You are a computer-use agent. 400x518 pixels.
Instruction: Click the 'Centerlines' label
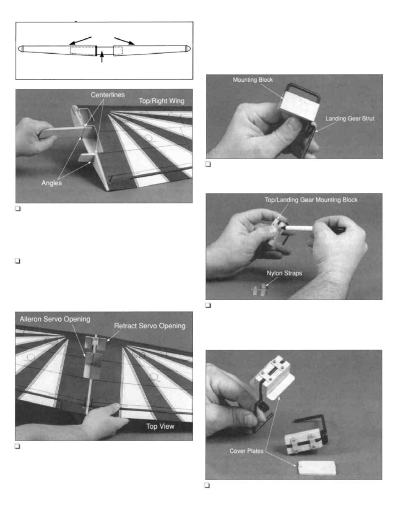tap(108, 95)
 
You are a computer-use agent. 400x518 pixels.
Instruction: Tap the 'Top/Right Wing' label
tap(161, 101)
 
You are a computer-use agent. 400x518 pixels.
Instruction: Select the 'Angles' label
tap(52, 183)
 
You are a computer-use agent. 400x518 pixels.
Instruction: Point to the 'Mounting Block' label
tap(253, 80)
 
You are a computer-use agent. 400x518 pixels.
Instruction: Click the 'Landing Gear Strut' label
tap(350, 118)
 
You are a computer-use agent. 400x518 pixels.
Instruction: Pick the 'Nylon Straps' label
tap(284, 273)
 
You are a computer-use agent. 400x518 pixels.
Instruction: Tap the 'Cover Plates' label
tap(247, 451)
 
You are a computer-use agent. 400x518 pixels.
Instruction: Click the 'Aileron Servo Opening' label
tap(55, 319)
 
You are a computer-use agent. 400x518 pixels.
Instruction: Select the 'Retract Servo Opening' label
tap(150, 326)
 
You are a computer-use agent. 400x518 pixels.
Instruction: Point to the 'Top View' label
tap(160, 426)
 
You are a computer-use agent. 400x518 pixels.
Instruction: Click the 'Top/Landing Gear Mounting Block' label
tap(311, 200)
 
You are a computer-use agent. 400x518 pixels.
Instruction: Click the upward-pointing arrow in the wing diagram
tap(102, 57)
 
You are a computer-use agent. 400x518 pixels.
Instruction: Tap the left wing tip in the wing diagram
tap(21, 49)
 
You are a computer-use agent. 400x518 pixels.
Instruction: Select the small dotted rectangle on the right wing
tap(118, 50)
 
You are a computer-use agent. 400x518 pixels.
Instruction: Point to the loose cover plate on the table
tap(317, 468)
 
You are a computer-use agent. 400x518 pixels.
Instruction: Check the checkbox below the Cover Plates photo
tap(207, 485)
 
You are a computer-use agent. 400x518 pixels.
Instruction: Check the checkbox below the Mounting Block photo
tap(208, 164)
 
